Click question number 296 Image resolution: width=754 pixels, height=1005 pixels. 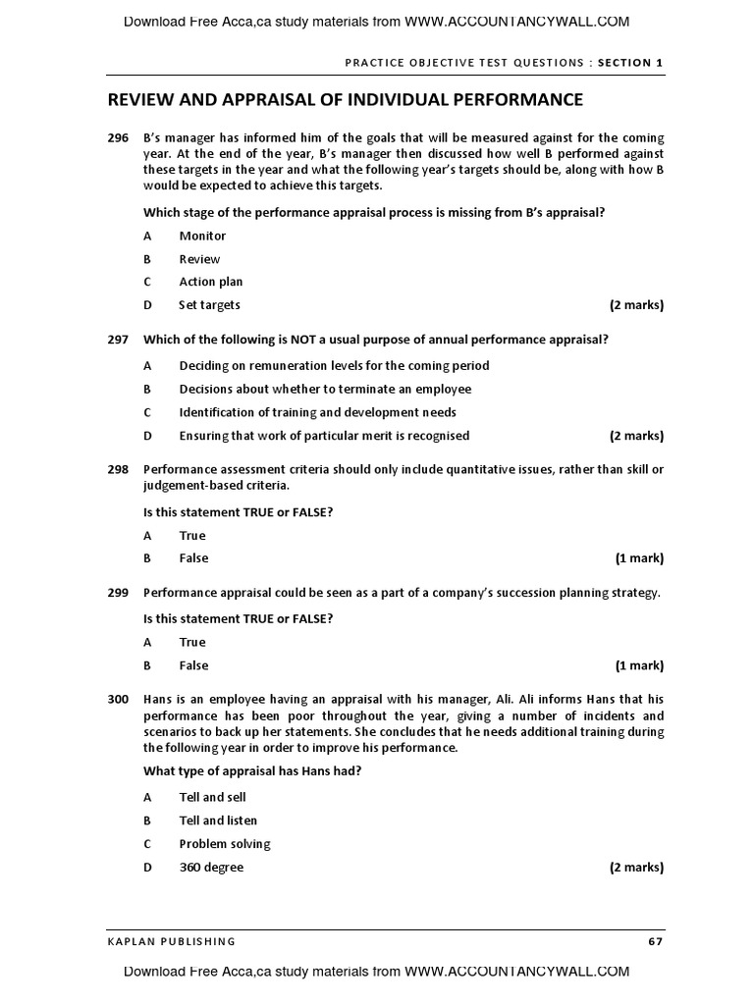point(118,138)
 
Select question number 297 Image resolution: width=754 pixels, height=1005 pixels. point(118,340)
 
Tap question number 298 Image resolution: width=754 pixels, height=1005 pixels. point(118,469)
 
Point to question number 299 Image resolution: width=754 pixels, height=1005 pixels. point(118,593)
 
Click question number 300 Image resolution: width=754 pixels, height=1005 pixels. point(118,699)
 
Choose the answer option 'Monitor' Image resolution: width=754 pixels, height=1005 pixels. point(202,236)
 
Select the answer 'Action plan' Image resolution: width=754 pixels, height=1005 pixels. point(210,282)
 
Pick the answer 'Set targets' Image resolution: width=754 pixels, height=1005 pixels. point(209,305)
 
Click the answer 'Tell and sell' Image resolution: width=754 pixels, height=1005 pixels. point(212,797)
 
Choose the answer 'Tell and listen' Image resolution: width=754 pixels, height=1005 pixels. point(218,820)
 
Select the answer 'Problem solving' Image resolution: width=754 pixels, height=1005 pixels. point(225,844)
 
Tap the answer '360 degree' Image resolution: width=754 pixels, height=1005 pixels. point(211,868)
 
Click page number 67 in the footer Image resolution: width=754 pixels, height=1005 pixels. point(655,941)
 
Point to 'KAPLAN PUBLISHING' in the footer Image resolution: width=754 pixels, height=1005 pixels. point(172,941)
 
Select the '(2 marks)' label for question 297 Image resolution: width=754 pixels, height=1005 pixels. point(636,436)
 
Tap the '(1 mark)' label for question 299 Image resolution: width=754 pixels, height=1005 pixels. point(639,665)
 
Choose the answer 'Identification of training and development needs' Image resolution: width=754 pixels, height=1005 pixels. point(317,412)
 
